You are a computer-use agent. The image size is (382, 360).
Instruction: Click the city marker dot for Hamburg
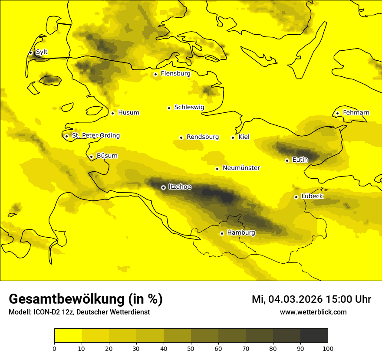point(222,233)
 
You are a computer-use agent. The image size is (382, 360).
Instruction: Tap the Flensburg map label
point(175,74)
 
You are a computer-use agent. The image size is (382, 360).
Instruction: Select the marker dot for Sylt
point(30,52)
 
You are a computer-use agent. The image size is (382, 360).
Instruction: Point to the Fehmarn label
point(356,113)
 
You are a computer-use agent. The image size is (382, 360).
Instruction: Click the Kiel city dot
point(233,137)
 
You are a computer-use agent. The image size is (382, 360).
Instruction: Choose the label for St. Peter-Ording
point(95,136)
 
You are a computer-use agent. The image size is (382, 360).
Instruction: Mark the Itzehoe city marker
point(163,188)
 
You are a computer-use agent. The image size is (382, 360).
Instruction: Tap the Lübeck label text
point(312,196)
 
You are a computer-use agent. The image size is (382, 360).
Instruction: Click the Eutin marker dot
point(287,160)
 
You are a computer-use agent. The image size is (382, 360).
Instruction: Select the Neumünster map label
point(241,168)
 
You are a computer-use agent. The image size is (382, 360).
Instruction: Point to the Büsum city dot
point(91,157)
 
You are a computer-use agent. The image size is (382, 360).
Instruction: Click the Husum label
point(128,113)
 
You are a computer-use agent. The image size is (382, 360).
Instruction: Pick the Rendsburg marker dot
point(181,137)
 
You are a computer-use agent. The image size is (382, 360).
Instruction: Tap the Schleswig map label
point(189,107)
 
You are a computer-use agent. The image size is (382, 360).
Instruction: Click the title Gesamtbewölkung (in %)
point(86,299)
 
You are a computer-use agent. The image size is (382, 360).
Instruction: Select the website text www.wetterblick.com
point(313,312)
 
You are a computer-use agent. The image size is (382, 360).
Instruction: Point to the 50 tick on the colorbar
point(191,348)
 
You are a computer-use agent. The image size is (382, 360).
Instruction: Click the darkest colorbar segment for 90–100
point(314,336)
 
